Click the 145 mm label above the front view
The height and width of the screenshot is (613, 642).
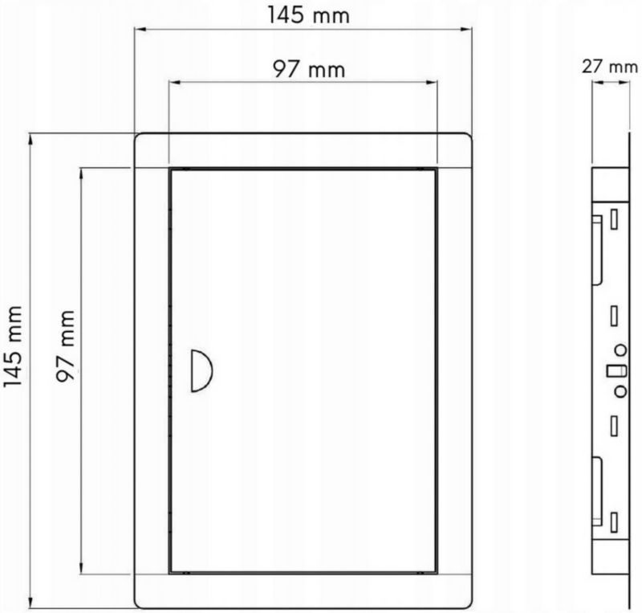(308, 15)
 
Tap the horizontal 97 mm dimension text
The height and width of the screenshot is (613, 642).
(309, 69)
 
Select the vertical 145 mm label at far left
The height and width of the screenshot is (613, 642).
(13, 346)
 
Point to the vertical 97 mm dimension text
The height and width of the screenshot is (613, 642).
(66, 346)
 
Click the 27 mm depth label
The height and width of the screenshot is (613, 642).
(610, 67)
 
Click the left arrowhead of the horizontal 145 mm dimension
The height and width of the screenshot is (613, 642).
(141, 29)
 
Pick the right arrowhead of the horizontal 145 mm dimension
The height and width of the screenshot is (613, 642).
(466, 29)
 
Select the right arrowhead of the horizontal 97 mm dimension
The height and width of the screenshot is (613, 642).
(432, 83)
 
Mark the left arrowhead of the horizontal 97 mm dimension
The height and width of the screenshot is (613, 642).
(175, 83)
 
